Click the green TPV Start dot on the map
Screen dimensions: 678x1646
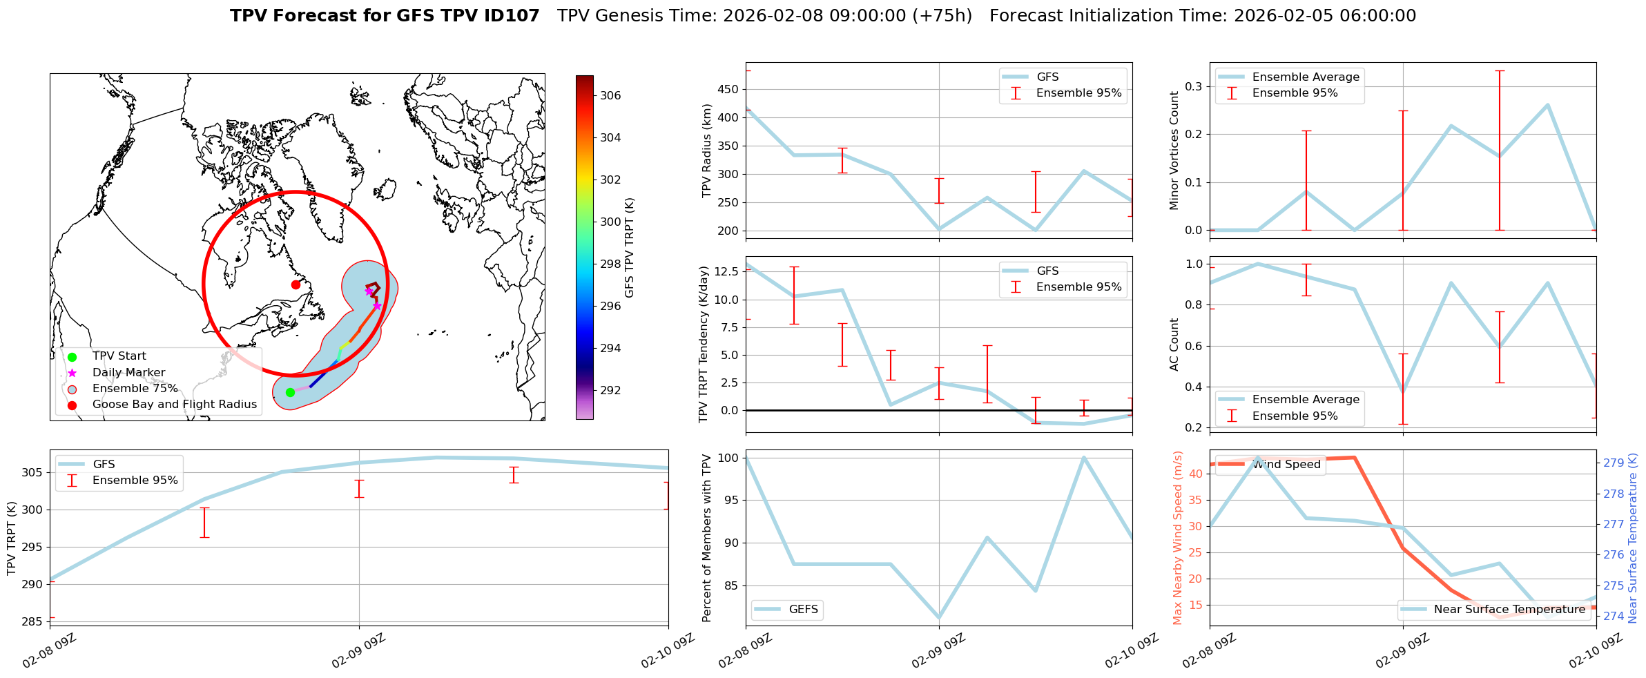point(290,392)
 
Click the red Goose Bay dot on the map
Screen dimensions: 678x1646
point(296,284)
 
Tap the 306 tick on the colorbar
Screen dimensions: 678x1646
point(610,95)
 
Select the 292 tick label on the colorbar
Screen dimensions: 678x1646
point(610,390)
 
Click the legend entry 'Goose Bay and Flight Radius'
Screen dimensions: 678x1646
point(174,405)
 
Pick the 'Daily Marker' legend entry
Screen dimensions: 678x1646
point(128,373)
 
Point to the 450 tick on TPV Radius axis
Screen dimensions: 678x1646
point(730,89)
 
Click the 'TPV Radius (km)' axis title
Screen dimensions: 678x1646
point(706,151)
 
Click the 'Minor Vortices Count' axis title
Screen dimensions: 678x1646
point(1174,151)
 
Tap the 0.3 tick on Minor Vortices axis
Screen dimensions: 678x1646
point(1194,86)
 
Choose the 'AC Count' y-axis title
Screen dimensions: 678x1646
point(1174,345)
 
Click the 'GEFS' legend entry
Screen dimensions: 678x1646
point(803,610)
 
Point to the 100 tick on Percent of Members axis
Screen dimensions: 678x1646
point(729,458)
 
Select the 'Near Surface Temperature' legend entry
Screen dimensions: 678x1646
point(1509,610)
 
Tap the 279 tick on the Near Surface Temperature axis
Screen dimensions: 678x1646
point(1614,463)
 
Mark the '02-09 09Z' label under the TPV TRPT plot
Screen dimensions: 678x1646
point(358,652)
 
